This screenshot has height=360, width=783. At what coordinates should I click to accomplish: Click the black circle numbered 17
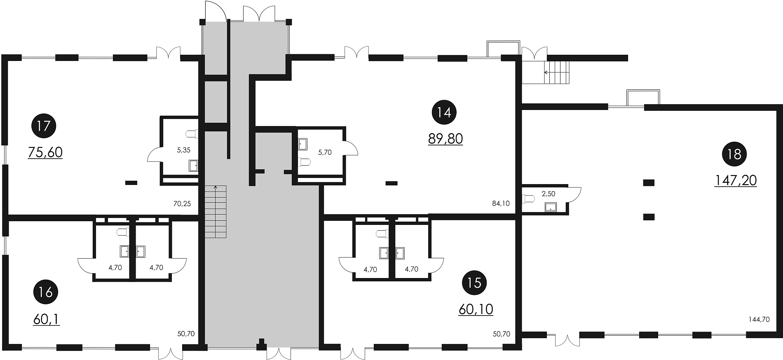(x=44, y=125)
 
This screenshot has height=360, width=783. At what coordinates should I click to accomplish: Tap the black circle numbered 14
(x=444, y=112)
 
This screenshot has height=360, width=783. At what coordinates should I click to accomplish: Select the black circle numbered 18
(x=734, y=154)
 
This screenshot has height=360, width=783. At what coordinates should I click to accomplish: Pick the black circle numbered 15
(x=475, y=283)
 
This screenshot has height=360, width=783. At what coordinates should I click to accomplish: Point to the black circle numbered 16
(x=45, y=292)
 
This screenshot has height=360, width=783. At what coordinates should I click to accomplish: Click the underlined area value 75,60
(x=45, y=152)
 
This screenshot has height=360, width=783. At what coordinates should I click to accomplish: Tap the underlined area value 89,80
(x=445, y=139)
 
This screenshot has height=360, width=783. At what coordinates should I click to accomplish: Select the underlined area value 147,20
(x=736, y=180)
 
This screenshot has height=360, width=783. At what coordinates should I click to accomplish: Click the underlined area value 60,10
(x=476, y=309)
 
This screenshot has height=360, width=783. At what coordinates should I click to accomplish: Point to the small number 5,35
(x=183, y=150)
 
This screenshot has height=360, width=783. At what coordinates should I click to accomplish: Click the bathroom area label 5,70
(x=325, y=152)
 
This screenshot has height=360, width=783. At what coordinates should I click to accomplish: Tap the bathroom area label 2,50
(x=548, y=194)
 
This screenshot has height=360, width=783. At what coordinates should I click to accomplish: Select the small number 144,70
(x=759, y=319)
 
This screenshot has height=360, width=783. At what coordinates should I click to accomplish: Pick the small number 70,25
(x=182, y=203)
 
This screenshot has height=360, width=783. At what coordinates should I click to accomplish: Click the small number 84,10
(x=501, y=203)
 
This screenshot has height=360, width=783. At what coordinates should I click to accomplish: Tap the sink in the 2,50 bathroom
(x=551, y=207)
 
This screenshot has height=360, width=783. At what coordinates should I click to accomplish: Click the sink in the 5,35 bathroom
(x=193, y=166)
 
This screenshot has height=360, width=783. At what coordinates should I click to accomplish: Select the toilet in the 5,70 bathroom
(x=303, y=162)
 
